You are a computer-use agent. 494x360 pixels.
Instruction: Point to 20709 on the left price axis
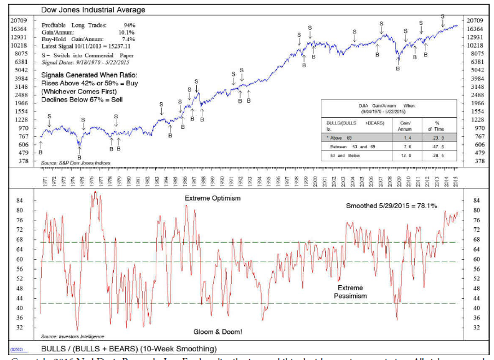[18, 21]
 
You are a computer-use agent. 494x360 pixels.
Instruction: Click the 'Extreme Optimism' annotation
[212, 198]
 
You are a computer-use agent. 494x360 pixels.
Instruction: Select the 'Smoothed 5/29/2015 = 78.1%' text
[392, 206]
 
